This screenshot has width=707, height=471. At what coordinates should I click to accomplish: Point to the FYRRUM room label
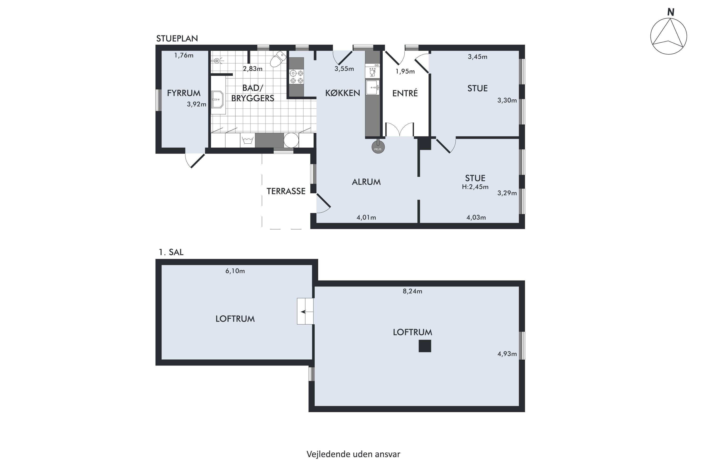tap(184, 93)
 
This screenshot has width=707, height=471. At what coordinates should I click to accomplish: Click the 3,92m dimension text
tap(197, 104)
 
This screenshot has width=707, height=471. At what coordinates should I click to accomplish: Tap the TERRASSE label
tap(286, 191)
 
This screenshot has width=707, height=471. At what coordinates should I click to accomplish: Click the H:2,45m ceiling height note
tap(475, 187)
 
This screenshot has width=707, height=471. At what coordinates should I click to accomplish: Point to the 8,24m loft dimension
tap(412, 291)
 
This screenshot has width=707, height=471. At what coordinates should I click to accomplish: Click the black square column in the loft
tap(425, 346)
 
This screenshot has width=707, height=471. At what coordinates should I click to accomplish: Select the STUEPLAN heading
tap(177, 38)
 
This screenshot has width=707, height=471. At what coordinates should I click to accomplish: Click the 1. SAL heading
tap(171, 252)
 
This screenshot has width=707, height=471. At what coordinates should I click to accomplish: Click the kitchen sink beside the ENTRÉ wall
tap(372, 87)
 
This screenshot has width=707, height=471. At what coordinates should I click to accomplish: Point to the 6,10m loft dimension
tap(235, 271)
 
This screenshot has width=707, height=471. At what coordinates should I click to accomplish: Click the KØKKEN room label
tap(342, 93)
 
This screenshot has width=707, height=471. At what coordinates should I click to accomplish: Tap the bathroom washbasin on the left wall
tap(218, 99)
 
